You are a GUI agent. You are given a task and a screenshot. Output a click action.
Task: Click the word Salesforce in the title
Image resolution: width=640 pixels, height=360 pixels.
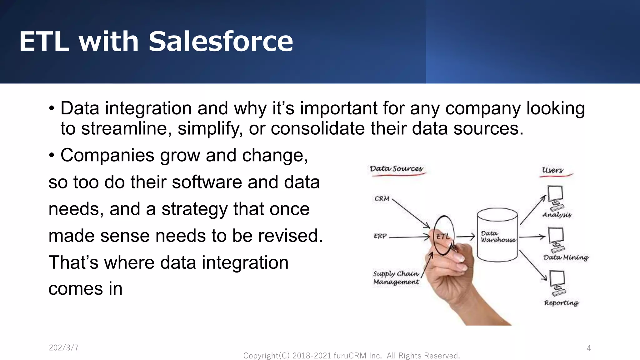tap(221, 42)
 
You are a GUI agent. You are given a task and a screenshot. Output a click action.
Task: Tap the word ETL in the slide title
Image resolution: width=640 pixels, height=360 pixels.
tap(44, 42)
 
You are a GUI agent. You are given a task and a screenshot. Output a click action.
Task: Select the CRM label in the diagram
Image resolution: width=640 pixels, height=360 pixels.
tap(382, 199)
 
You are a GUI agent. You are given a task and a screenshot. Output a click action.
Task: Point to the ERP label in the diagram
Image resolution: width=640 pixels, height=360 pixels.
tap(380, 236)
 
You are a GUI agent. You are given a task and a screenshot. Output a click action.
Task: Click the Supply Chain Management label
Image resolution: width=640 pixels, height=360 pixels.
tap(396, 278)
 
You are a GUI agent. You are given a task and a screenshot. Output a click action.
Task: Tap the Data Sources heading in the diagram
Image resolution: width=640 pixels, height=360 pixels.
tap(396, 169)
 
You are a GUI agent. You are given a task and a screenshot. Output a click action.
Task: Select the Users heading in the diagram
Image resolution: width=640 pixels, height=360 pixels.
tap(552, 170)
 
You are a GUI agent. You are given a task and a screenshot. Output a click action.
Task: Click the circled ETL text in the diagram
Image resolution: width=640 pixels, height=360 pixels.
tap(443, 237)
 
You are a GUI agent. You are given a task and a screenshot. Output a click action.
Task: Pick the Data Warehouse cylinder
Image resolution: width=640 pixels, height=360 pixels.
tap(497, 235)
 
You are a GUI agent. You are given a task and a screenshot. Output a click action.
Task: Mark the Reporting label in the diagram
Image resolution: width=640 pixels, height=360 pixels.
tap(561, 303)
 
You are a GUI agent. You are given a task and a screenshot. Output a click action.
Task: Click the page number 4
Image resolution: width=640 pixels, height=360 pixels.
tap(589, 348)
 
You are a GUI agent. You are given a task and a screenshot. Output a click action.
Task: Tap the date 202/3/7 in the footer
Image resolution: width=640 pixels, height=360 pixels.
tap(64, 348)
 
